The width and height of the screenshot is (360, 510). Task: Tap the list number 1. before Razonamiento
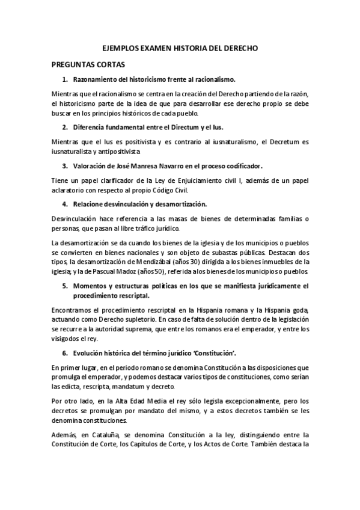click(65, 79)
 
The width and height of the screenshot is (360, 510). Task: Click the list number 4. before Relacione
click(65, 204)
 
